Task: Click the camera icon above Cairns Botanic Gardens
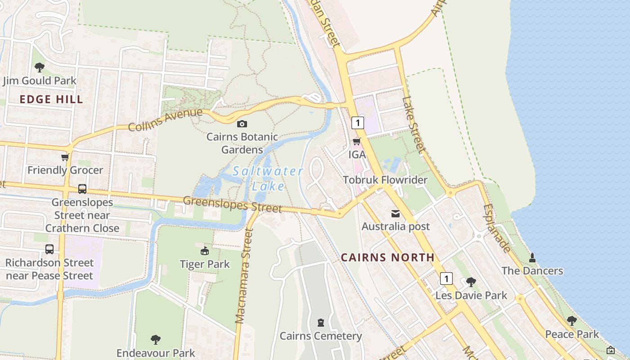[242, 124]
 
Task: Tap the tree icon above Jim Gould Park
[40, 67]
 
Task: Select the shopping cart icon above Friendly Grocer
[65, 157]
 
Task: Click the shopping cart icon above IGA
[356, 142]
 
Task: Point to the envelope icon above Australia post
[396, 213]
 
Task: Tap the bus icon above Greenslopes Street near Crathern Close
[82, 189]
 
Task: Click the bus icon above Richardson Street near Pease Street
[49, 249]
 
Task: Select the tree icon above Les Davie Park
[471, 282]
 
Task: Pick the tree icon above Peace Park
[571, 321]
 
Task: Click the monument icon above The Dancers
[532, 257]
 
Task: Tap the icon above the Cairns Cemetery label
[320, 323]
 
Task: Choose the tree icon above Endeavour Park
[156, 339]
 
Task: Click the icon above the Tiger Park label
[205, 251]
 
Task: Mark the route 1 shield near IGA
[358, 122]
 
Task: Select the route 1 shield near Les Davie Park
[446, 279]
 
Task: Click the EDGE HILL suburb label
[51, 99]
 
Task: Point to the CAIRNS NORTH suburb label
[387, 257]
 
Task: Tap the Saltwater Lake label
[268, 178]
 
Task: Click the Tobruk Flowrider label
[385, 180]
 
